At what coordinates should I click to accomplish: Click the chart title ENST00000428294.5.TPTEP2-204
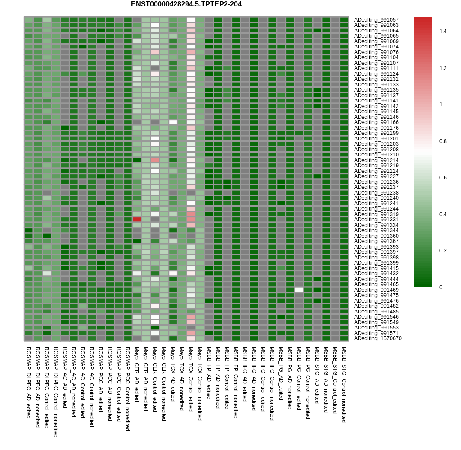pyautogui.click(x=186, y=4)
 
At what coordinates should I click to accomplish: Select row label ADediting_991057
pyautogui.click(x=376, y=20)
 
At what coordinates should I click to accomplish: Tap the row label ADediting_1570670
pyautogui.click(x=378, y=338)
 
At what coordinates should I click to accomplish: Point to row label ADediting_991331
pyautogui.click(x=376, y=220)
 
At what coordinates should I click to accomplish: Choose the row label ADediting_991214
pyautogui.click(x=376, y=160)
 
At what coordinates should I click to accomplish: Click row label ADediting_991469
pyautogui.click(x=376, y=290)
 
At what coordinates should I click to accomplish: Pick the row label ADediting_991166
pyautogui.click(x=376, y=122)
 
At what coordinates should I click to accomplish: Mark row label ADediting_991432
pyautogui.click(x=376, y=274)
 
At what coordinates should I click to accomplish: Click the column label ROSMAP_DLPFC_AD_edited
pyautogui.click(x=29, y=382)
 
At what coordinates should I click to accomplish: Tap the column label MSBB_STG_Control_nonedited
pyautogui.click(x=344, y=384)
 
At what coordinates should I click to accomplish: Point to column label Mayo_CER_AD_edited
pyautogui.click(x=137, y=374)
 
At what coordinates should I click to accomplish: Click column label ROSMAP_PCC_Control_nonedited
pyautogui.click(x=128, y=389)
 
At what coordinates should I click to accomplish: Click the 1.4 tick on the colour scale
pyautogui.click(x=443, y=32)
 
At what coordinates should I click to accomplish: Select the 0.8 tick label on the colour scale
pyautogui.click(x=443, y=141)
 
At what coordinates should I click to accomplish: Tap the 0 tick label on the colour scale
pyautogui.click(x=441, y=287)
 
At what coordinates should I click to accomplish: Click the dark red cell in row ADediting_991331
pyautogui.click(x=137, y=220)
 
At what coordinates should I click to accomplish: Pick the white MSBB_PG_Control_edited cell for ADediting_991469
pyautogui.click(x=299, y=290)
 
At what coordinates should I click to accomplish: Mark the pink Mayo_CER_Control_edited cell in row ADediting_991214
pyautogui.click(x=155, y=160)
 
